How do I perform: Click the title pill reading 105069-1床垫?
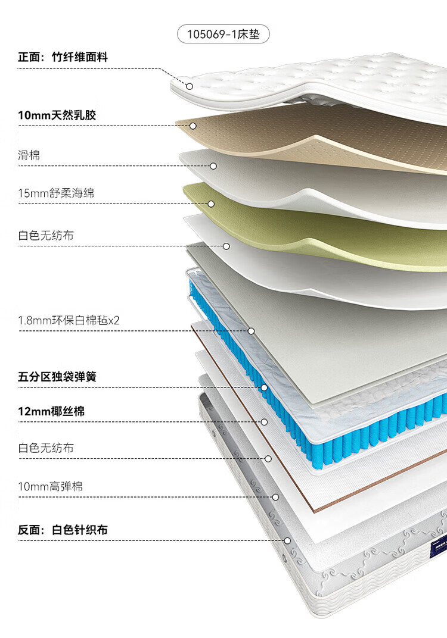223,33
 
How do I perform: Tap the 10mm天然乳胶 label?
57,115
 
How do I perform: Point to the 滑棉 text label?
29,155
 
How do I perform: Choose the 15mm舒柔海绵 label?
56,193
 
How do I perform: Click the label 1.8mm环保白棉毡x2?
69,320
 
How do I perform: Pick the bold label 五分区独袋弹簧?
57,377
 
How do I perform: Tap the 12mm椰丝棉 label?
51,411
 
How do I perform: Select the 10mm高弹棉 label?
51,486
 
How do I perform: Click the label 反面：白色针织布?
63,530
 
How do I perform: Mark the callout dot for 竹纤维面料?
190,86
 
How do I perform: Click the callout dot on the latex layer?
193,126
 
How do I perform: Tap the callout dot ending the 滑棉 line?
213,166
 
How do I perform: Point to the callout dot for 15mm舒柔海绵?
211,204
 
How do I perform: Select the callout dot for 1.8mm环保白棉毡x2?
252,331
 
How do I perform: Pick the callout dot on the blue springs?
264,387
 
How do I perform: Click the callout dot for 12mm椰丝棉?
264,422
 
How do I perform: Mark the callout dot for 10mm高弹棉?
275,497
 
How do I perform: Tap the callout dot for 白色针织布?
288,541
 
